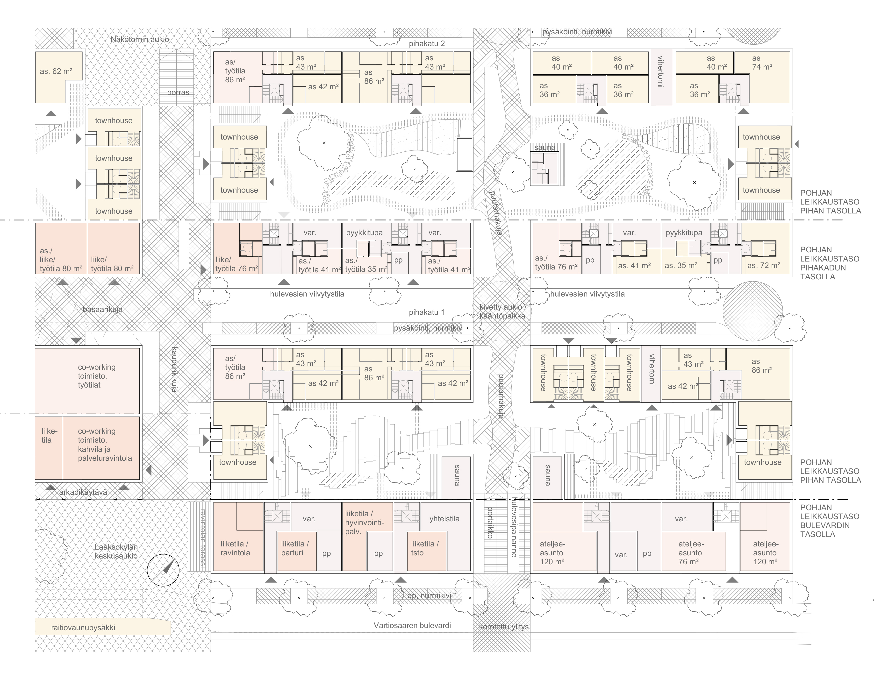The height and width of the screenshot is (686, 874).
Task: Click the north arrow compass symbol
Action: tap(163, 570)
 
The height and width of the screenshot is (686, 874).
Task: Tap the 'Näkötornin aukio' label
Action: tap(140, 39)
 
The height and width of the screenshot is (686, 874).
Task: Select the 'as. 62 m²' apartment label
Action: tap(56, 71)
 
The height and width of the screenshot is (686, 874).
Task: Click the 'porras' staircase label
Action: tap(178, 92)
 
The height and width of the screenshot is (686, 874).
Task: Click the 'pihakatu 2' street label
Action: tap(427, 43)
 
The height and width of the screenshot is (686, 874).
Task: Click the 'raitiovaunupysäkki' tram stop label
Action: tap(83, 627)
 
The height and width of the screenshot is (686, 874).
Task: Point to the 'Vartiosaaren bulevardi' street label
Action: tap(412, 625)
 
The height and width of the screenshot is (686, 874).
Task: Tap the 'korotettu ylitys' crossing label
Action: tap(504, 627)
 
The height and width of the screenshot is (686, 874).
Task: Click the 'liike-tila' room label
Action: tap(50, 435)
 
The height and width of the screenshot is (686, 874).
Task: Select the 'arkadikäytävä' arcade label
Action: tap(83, 492)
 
